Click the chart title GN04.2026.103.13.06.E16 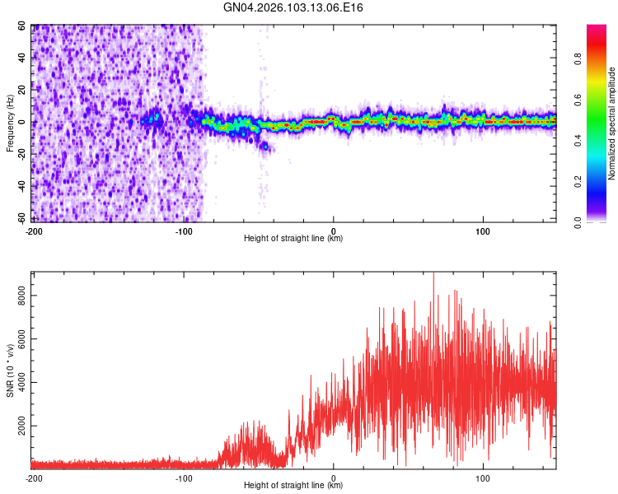tap(294, 7)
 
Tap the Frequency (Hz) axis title tap(10, 123)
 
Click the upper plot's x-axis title tap(293, 239)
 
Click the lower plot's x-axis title tap(293, 486)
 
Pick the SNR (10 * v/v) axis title tap(10, 370)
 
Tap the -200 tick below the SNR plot tap(34, 478)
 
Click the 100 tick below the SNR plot tap(484, 478)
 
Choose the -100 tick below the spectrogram tap(184, 231)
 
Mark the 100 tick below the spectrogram tap(484, 231)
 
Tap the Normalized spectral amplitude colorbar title tap(612, 123)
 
